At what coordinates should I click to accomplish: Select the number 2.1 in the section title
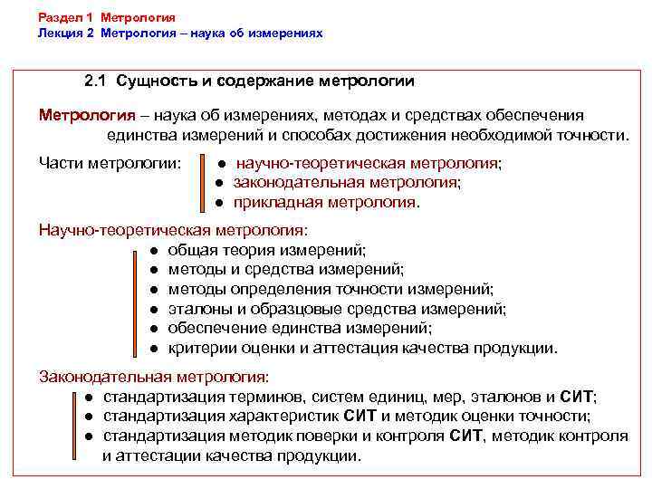click(95, 81)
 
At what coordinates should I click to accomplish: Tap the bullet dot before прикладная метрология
click(219, 203)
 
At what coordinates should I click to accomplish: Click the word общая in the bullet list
click(189, 250)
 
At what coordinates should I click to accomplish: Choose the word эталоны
click(198, 309)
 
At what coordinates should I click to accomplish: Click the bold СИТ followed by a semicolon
click(578, 397)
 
